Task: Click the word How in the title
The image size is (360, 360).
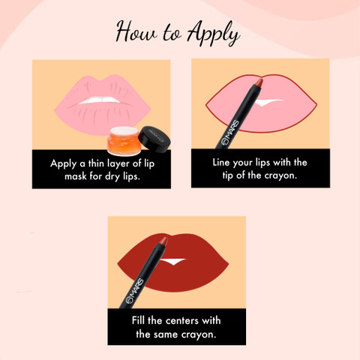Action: pos(136,32)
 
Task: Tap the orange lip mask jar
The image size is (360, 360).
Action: pos(124,141)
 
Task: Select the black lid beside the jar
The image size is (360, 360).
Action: pos(154,139)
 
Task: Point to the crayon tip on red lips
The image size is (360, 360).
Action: pos(163,241)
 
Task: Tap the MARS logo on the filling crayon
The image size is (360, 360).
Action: pos(135,291)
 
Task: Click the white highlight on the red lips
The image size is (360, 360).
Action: pos(173,261)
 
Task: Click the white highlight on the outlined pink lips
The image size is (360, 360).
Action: pos(268,102)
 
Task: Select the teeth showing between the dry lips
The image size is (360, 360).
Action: pos(100,100)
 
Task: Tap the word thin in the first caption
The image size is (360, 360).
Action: pos(96,163)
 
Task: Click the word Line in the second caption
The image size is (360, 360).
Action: pos(221,163)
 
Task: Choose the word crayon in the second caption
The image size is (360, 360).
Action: pos(280,176)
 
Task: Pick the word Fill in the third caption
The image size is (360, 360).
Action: pos(138,320)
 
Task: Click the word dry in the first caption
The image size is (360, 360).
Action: pos(113,176)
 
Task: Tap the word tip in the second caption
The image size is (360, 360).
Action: pos(227,175)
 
